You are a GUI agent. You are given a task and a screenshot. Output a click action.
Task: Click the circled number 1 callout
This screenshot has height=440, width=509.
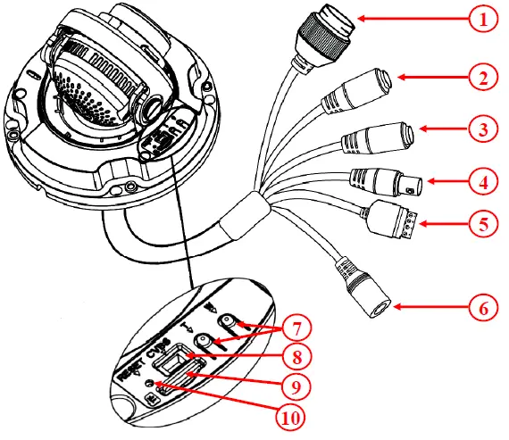[484, 19]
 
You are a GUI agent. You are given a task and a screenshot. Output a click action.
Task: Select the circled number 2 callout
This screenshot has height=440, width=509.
[484, 78]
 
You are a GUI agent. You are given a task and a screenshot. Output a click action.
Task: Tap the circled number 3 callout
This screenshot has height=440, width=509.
[484, 130]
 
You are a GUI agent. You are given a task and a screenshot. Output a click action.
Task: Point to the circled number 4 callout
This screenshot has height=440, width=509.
[484, 183]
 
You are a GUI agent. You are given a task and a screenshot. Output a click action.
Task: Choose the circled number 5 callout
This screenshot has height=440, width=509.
[484, 222]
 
